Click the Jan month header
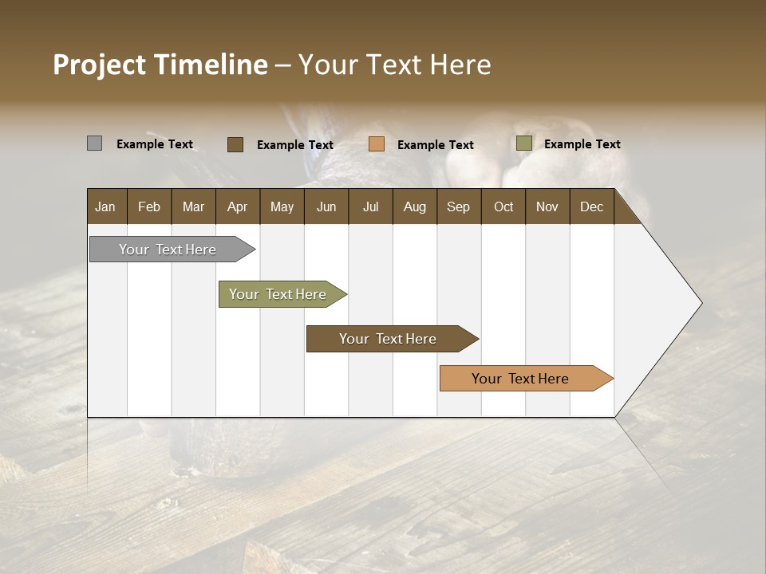tap(105, 207)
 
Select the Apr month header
tap(237, 207)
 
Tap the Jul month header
tap(370, 207)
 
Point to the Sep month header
tap(458, 207)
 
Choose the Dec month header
tap(591, 207)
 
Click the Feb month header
tap(149, 207)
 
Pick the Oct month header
tap(503, 207)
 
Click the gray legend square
tap(94, 143)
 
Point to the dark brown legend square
tap(235, 144)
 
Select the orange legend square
tap(377, 144)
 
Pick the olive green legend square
tap(523, 143)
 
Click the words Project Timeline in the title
tap(160, 65)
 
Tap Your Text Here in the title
tap(394, 65)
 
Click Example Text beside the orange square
tap(435, 145)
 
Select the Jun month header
tap(326, 207)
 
